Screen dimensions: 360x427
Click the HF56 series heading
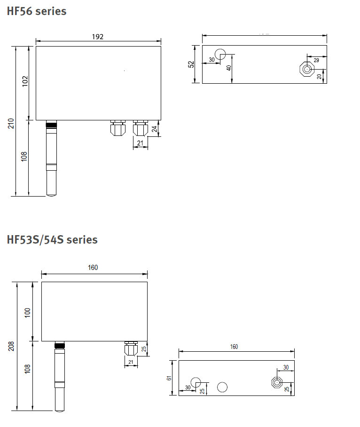(37, 11)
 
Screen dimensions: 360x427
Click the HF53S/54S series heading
(52, 240)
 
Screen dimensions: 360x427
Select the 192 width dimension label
(98, 37)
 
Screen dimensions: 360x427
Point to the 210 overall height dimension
(11, 123)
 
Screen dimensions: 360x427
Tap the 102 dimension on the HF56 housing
(25, 81)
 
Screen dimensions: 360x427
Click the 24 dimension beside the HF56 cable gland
(154, 129)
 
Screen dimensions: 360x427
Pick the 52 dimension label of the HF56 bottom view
(191, 64)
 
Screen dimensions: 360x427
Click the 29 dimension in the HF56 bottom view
(316, 60)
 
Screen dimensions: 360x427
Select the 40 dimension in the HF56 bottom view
(229, 68)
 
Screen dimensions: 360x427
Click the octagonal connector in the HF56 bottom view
(307, 69)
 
